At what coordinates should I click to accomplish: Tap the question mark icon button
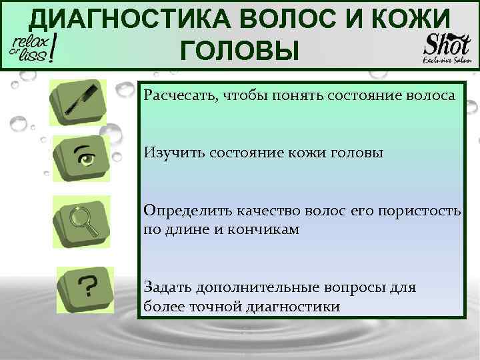pyautogui.click(x=86, y=287)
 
